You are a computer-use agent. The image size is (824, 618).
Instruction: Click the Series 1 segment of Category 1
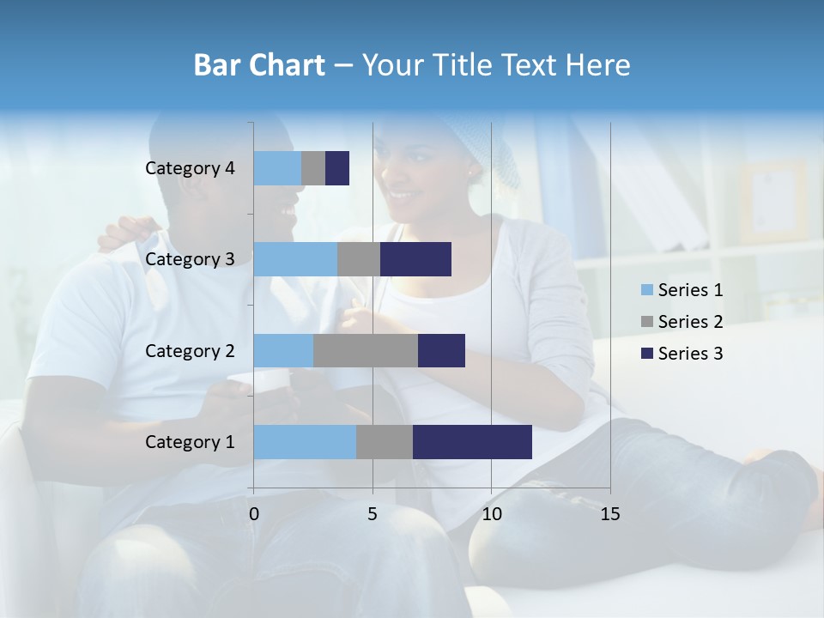pyautogui.click(x=305, y=442)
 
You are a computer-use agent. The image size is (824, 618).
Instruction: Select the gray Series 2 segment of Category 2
pyautogui.click(x=366, y=350)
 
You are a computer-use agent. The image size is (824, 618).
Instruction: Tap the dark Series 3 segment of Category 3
pyautogui.click(x=415, y=259)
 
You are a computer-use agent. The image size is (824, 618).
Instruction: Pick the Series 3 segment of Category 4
pyautogui.click(x=337, y=168)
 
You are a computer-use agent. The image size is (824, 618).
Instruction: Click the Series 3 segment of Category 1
pyautogui.click(x=472, y=442)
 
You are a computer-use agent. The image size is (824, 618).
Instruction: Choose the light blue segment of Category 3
pyautogui.click(x=295, y=259)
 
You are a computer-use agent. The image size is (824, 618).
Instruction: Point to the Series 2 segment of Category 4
pyautogui.click(x=313, y=168)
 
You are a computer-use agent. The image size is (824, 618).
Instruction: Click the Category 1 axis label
pyautogui.click(x=190, y=442)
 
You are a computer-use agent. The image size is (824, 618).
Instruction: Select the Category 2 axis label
pyautogui.click(x=190, y=350)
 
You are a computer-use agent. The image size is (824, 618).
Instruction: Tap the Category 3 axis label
pyautogui.click(x=190, y=259)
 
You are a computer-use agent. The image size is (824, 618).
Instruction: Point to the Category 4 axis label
pyautogui.click(x=190, y=168)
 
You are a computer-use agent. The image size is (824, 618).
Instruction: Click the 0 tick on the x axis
pyautogui.click(x=254, y=514)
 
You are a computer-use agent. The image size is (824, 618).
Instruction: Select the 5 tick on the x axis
pyautogui.click(x=373, y=514)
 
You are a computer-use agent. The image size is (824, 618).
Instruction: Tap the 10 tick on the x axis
pyautogui.click(x=491, y=514)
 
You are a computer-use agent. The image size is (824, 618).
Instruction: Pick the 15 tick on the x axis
pyautogui.click(x=609, y=514)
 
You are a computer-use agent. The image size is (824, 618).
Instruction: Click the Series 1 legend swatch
pyautogui.click(x=646, y=290)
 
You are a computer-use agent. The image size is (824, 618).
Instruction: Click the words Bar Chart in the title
pyautogui.click(x=259, y=65)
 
